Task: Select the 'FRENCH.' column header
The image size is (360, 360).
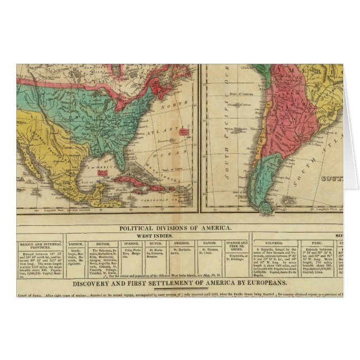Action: click(76, 244)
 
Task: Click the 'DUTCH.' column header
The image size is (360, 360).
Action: click(155, 244)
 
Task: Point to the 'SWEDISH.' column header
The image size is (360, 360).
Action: click(181, 244)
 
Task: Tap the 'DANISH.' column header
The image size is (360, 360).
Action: click(208, 244)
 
